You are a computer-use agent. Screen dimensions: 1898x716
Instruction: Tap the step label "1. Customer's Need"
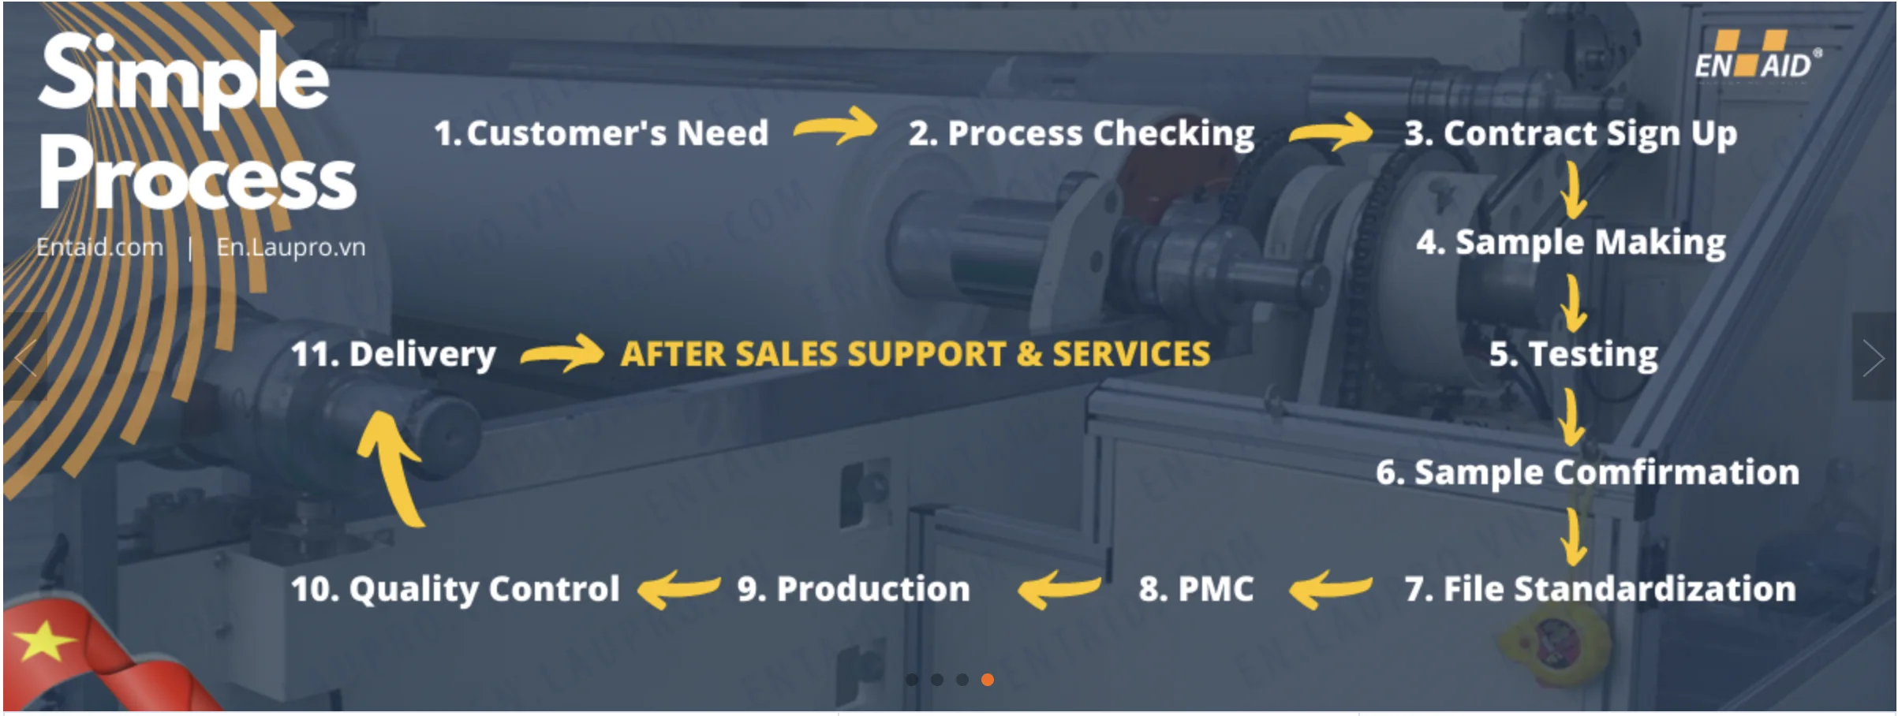601,133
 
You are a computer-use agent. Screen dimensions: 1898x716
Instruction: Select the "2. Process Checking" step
1081,133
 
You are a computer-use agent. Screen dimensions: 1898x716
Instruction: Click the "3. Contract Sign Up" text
1570,133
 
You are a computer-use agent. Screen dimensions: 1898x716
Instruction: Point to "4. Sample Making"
1570,242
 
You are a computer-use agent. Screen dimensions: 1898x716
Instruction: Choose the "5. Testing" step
1573,354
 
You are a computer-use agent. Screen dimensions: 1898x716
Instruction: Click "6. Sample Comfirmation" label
1587,472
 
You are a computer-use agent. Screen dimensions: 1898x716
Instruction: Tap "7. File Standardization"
1600,589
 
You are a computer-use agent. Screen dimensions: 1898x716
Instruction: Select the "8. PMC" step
1196,589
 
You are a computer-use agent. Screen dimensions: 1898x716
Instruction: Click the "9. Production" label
854,589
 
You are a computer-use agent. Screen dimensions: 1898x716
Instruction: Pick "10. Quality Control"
455,589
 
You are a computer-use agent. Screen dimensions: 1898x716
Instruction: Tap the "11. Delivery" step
394,354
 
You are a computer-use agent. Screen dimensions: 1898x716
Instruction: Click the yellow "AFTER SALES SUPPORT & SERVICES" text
915,354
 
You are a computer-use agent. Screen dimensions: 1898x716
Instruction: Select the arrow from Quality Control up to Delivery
392,469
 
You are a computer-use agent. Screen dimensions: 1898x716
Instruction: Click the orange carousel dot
987,680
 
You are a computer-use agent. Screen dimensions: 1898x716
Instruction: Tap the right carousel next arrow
1873,358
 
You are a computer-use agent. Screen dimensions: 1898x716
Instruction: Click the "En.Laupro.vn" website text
291,248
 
